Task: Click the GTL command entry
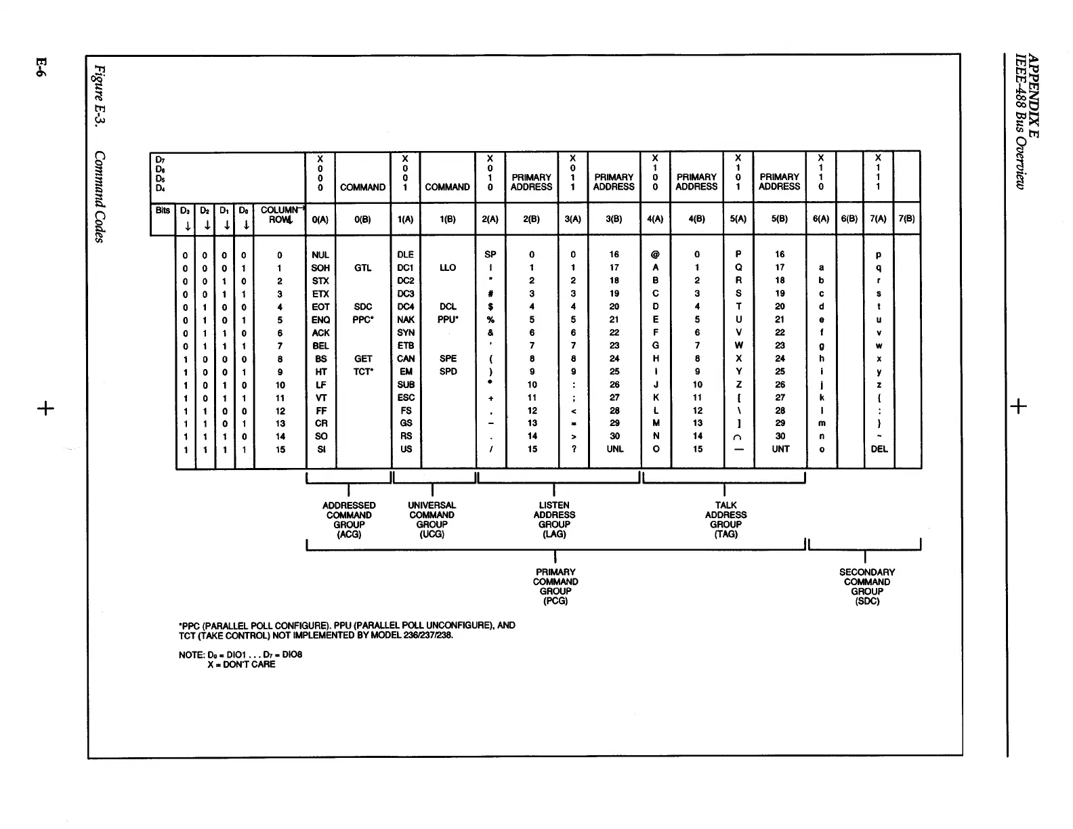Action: pos(362,268)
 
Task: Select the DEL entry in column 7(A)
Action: pos(879,449)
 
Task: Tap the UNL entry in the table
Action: pos(614,449)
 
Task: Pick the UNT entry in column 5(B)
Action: pos(780,449)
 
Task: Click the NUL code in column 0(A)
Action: pos(320,255)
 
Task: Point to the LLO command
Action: pos(448,268)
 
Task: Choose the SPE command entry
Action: pos(448,359)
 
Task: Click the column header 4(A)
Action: pos(655,219)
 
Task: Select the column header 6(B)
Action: pos(849,219)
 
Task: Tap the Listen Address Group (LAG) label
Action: pos(554,519)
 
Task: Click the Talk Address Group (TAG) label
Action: pos(725,519)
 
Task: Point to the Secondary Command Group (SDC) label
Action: pos(867,587)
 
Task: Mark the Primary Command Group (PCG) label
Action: pos(555,587)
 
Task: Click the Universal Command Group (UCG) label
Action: pos(432,519)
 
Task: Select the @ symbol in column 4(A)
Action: pos(655,255)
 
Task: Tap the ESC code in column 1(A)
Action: pos(406,398)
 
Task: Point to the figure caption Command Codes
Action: pos(99,197)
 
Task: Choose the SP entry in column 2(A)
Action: pos(490,255)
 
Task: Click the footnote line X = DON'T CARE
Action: pos(241,664)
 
